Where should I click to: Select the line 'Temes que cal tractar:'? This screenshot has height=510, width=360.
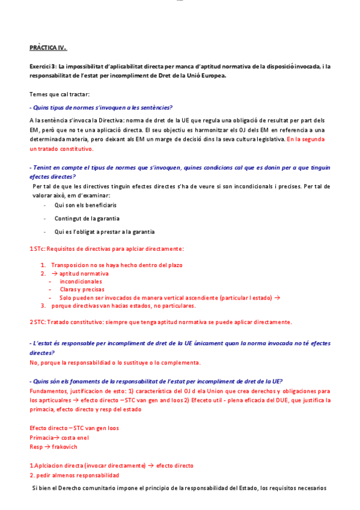point(59,94)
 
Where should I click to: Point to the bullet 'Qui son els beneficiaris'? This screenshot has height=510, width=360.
point(85,205)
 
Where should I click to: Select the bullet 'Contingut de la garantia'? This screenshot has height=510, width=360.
point(87,218)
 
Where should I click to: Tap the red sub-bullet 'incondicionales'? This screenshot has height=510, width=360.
point(81,281)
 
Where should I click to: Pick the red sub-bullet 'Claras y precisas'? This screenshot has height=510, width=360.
point(82,289)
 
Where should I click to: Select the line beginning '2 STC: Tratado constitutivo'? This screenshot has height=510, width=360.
point(160,322)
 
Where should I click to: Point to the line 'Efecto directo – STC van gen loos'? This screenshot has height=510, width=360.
point(74,428)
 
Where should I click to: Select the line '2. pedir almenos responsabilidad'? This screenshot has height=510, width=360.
point(74,475)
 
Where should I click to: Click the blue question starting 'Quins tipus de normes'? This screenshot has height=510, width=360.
point(102,108)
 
